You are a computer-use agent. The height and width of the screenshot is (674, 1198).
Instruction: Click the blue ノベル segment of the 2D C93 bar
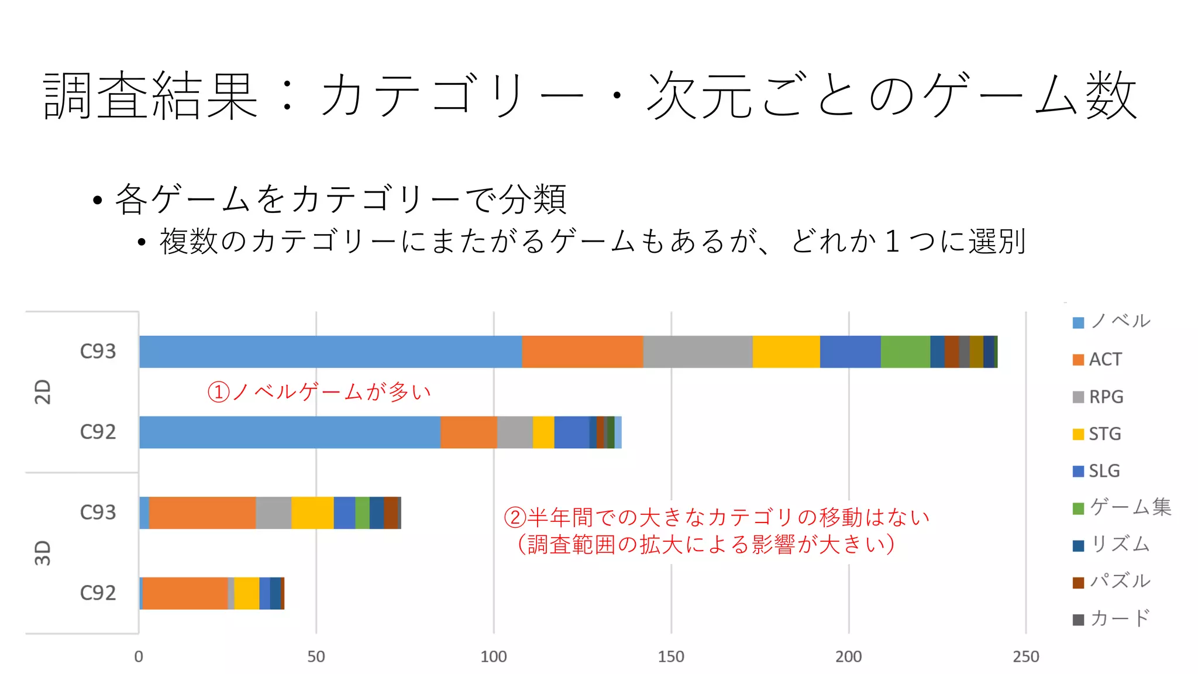click(x=331, y=352)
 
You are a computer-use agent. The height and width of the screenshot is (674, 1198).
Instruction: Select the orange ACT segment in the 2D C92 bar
click(x=469, y=432)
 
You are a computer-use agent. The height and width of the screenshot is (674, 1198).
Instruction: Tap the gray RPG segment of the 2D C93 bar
click(x=698, y=352)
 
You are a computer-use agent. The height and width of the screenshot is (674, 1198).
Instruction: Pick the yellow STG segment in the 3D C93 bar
click(x=312, y=513)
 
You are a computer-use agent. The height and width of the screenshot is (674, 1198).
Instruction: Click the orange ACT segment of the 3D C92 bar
click(x=185, y=593)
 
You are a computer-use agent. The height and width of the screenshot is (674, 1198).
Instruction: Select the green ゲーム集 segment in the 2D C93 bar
click(x=905, y=352)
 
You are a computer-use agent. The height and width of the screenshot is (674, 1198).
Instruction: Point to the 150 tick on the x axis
click(x=671, y=656)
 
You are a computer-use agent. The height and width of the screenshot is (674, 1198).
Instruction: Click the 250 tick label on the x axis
click(x=1026, y=656)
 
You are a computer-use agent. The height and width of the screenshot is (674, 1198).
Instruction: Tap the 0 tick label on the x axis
click(x=139, y=656)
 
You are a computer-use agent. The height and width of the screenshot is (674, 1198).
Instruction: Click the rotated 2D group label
click(x=43, y=391)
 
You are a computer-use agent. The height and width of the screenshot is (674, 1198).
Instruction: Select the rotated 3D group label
click(x=43, y=553)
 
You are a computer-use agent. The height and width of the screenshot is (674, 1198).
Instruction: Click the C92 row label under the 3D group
click(x=98, y=593)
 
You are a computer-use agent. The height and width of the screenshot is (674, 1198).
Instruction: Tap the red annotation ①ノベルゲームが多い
click(x=319, y=391)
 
